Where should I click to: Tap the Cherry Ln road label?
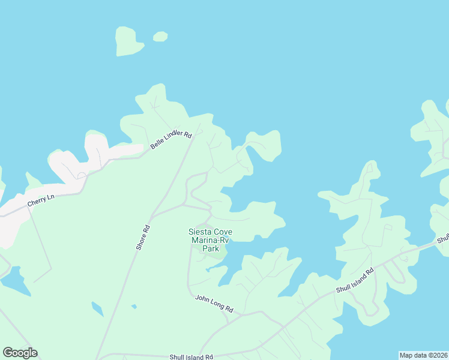pyautogui.click(x=41, y=200)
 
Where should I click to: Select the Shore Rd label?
pyautogui.click(x=142, y=238)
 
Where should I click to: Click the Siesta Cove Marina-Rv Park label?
pyautogui.click(x=210, y=240)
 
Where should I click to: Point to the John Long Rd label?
pyautogui.click(x=214, y=303)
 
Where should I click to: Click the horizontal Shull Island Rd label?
pyautogui.click(x=191, y=356)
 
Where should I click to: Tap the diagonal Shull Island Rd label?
pyautogui.click(x=355, y=280)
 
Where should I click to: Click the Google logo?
pyautogui.click(x=20, y=353)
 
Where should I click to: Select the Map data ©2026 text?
pyautogui.click(x=423, y=355)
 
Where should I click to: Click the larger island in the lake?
pyautogui.click(x=128, y=41)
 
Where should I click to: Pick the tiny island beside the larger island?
pyautogui.click(x=160, y=37)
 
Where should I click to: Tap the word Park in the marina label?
pyautogui.click(x=210, y=248)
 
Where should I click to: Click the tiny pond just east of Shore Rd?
pyautogui.click(x=134, y=307)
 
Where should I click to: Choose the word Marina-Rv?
pyautogui.click(x=210, y=240)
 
